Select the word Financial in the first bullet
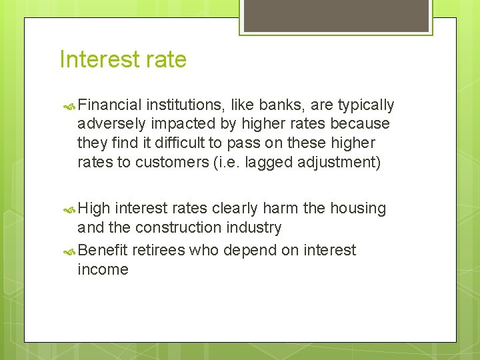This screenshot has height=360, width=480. pyautogui.click(x=109, y=105)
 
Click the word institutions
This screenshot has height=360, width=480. pyautogui.click(x=185, y=105)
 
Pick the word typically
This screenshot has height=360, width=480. pyautogui.click(x=366, y=105)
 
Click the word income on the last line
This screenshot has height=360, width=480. pyautogui.click(x=103, y=270)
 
